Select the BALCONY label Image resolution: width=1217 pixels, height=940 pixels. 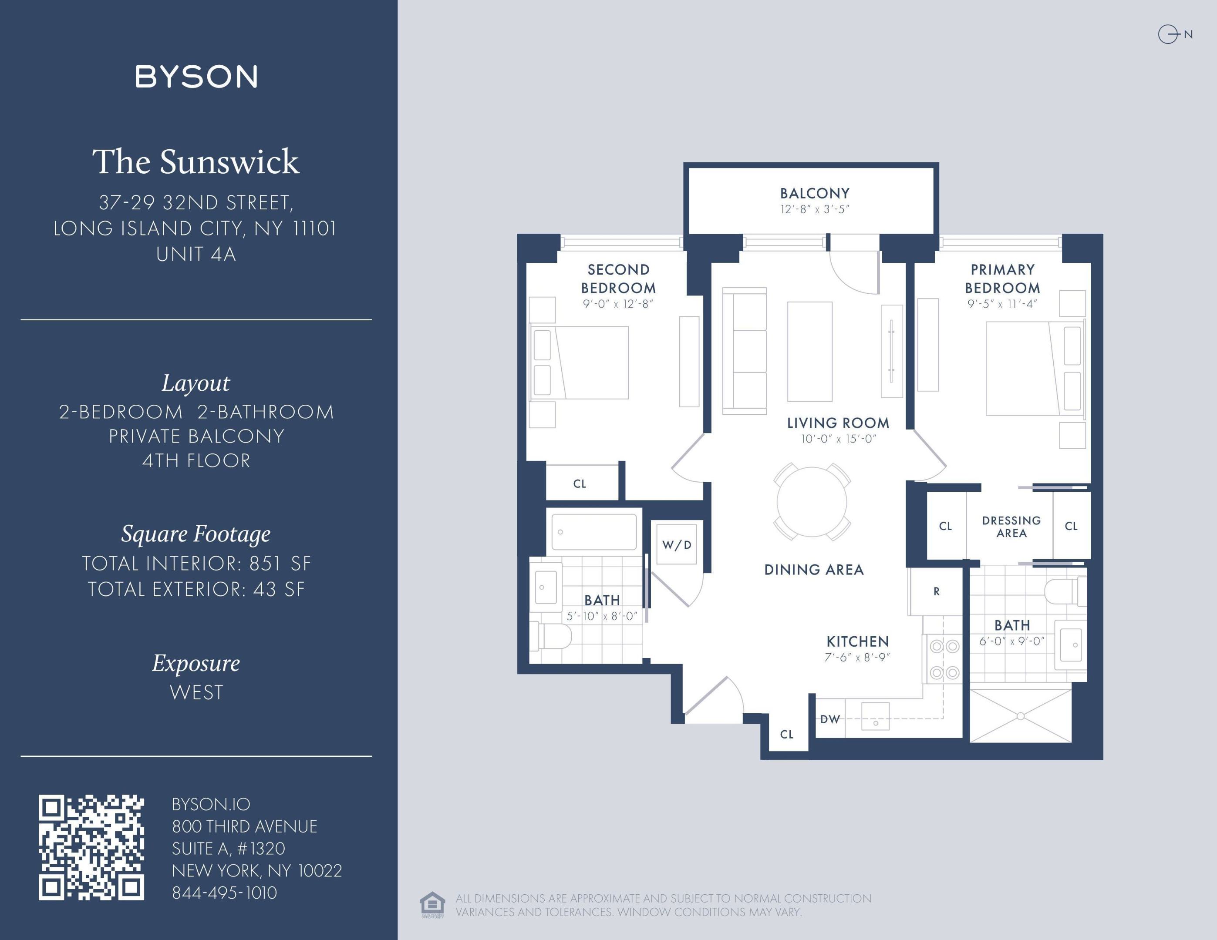(814, 193)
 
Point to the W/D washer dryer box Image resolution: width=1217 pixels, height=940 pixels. (677, 544)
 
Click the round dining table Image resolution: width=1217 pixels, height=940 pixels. (812, 502)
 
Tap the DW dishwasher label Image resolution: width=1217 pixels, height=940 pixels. (830, 719)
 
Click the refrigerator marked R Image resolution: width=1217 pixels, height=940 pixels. (936, 591)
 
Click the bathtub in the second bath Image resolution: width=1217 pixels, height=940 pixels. (594, 532)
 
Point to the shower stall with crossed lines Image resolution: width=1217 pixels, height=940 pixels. (1020, 716)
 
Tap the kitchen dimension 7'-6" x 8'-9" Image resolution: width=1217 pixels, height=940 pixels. (857, 657)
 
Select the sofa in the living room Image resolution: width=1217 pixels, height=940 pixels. (745, 351)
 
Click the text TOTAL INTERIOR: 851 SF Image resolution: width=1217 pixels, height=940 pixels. (196, 563)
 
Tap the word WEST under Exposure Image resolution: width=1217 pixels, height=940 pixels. (196, 692)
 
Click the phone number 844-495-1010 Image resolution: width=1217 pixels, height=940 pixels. (225, 893)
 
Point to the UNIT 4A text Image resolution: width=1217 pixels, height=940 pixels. (196, 254)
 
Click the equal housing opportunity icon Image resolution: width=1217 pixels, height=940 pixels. (432, 904)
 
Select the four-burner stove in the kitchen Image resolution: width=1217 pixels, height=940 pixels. (944, 659)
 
